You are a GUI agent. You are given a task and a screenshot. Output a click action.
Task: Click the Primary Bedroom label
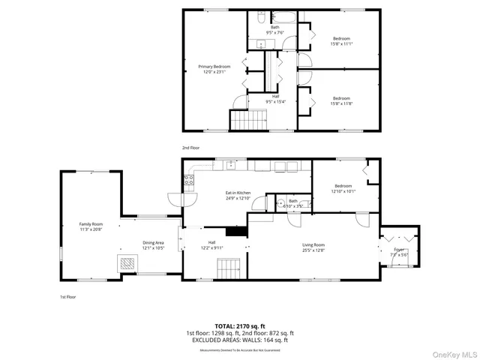click(x=214, y=69)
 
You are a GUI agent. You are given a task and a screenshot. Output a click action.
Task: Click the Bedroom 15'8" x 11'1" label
click(x=341, y=40)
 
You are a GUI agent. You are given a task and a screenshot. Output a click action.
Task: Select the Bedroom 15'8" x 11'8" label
click(x=341, y=100)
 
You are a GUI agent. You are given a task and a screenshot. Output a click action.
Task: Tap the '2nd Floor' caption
click(x=190, y=148)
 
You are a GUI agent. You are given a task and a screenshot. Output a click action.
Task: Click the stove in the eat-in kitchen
click(x=188, y=180)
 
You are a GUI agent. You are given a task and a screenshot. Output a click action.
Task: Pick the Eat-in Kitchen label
click(x=238, y=196)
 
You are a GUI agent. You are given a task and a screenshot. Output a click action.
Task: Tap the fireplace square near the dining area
click(x=126, y=263)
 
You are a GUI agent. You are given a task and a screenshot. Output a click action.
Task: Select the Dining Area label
click(x=154, y=245)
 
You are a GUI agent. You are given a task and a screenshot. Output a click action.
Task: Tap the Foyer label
click(x=399, y=251)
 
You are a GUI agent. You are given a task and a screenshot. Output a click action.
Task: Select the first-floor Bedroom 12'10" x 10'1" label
click(x=343, y=188)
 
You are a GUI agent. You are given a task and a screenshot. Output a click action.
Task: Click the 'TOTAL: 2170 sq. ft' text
click(x=239, y=325)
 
